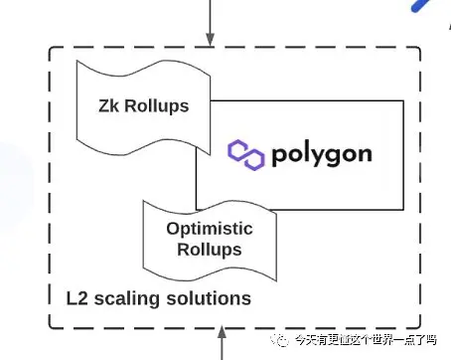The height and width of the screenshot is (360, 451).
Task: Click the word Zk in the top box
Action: point(108,106)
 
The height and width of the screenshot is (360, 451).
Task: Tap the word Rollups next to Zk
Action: point(157,106)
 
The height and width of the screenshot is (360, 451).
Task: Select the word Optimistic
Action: point(210,229)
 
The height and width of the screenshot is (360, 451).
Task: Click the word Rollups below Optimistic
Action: point(210,250)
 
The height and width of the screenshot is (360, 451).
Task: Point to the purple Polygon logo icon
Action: point(246,155)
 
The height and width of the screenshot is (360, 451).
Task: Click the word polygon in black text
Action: point(322,156)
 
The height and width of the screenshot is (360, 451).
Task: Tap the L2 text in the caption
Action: point(77,298)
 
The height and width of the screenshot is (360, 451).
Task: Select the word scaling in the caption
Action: point(127,299)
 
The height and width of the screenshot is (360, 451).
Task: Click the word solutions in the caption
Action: point(209,298)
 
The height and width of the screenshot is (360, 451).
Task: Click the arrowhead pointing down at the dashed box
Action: point(210,39)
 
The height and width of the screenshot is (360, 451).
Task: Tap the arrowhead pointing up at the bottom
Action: point(222,332)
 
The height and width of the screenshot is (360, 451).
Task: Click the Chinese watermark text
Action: point(366,340)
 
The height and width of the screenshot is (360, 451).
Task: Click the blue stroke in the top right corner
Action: point(421,5)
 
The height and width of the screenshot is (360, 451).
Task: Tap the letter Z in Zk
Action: point(104,106)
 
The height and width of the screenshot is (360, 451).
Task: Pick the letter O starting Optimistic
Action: point(173,229)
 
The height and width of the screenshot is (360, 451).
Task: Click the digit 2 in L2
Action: point(82,298)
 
